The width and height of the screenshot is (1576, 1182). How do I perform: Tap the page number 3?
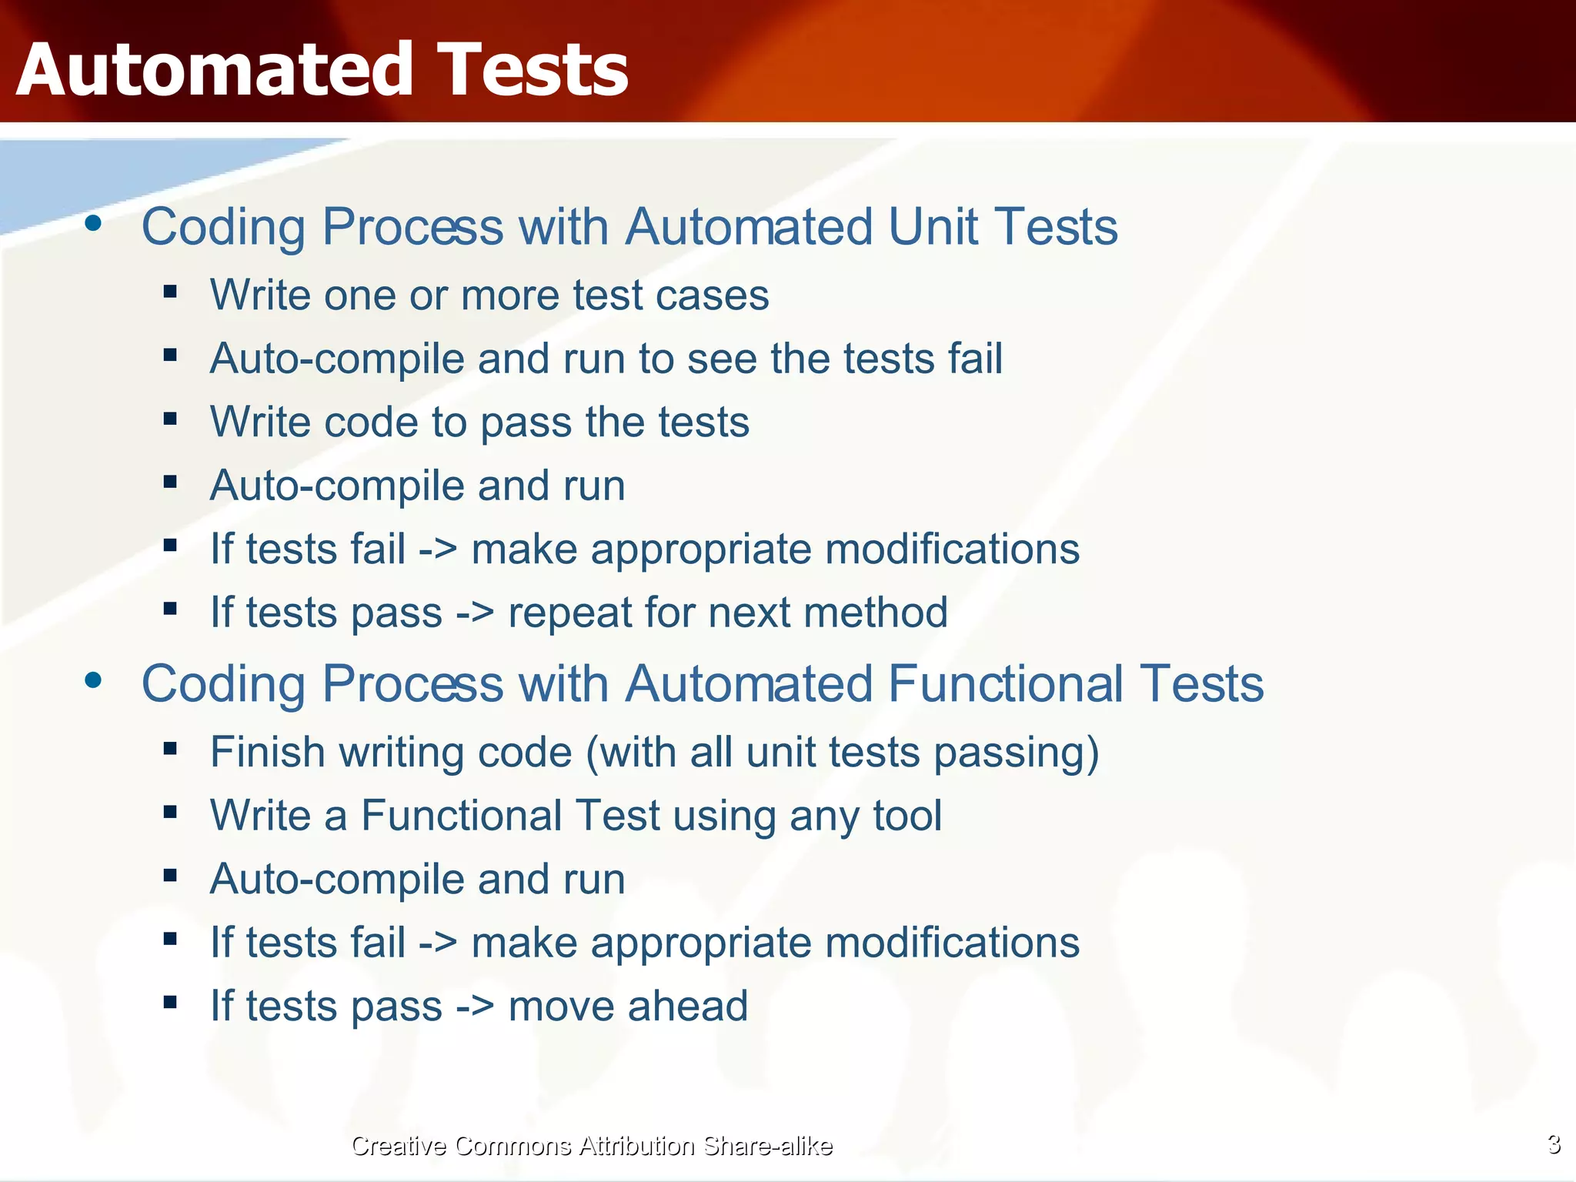click(1554, 1144)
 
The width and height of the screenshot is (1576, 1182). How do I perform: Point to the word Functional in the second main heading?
click(1005, 683)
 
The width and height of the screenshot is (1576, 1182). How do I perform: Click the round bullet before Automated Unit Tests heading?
click(93, 223)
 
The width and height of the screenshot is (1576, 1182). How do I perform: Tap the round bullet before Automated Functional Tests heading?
click(93, 679)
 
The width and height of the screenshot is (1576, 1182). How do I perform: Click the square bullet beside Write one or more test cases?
click(170, 292)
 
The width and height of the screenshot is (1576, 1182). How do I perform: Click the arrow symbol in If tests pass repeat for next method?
click(474, 613)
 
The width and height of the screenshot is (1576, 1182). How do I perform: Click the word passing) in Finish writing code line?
click(1016, 753)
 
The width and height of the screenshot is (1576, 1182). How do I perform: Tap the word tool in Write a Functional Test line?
click(907, 816)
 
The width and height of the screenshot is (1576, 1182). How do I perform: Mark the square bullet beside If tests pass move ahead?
click(170, 1002)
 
